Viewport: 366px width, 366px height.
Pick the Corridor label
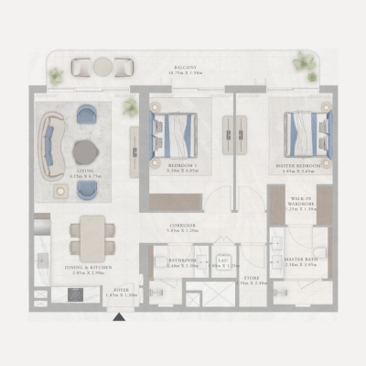(x=182, y=228)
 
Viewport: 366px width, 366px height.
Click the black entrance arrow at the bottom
(x=118, y=317)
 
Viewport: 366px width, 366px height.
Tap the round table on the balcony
(x=102, y=66)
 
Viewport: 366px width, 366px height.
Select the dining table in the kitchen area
(x=92, y=238)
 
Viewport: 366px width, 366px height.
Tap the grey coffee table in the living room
(x=85, y=151)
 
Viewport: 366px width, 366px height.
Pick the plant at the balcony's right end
(x=305, y=65)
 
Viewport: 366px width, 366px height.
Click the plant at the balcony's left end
(x=57, y=76)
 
